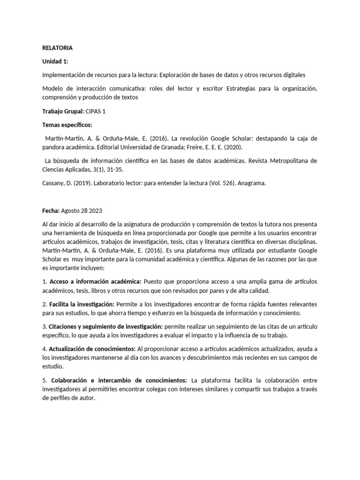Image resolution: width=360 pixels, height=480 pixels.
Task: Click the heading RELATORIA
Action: point(57,48)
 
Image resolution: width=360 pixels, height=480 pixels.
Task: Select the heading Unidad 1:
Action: point(55,61)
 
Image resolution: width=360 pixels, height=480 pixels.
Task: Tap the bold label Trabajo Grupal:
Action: point(63,111)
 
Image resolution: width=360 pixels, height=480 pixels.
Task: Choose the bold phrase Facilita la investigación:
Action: point(82,304)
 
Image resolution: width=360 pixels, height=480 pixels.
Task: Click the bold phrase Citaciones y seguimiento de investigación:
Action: point(106,326)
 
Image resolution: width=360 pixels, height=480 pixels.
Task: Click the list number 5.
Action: point(44,380)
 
